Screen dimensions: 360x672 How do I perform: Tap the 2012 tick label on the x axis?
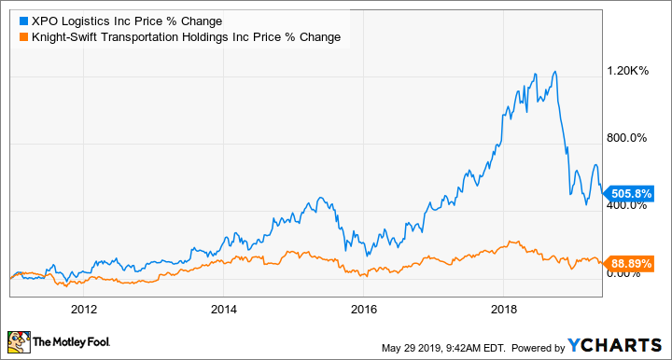pos(84,309)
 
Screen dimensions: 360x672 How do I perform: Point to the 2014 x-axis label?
pos(224,309)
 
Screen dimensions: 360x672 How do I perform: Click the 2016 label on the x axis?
pos(364,309)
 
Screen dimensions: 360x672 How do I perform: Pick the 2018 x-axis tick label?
pos(504,309)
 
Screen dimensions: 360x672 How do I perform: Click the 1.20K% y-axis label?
pos(627,70)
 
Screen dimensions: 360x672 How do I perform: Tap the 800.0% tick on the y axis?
pos(627,138)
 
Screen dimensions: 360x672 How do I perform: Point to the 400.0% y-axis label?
pos(627,205)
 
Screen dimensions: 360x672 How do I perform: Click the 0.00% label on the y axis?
pos(625,273)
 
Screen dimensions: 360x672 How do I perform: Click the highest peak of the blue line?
pos(555,71)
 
